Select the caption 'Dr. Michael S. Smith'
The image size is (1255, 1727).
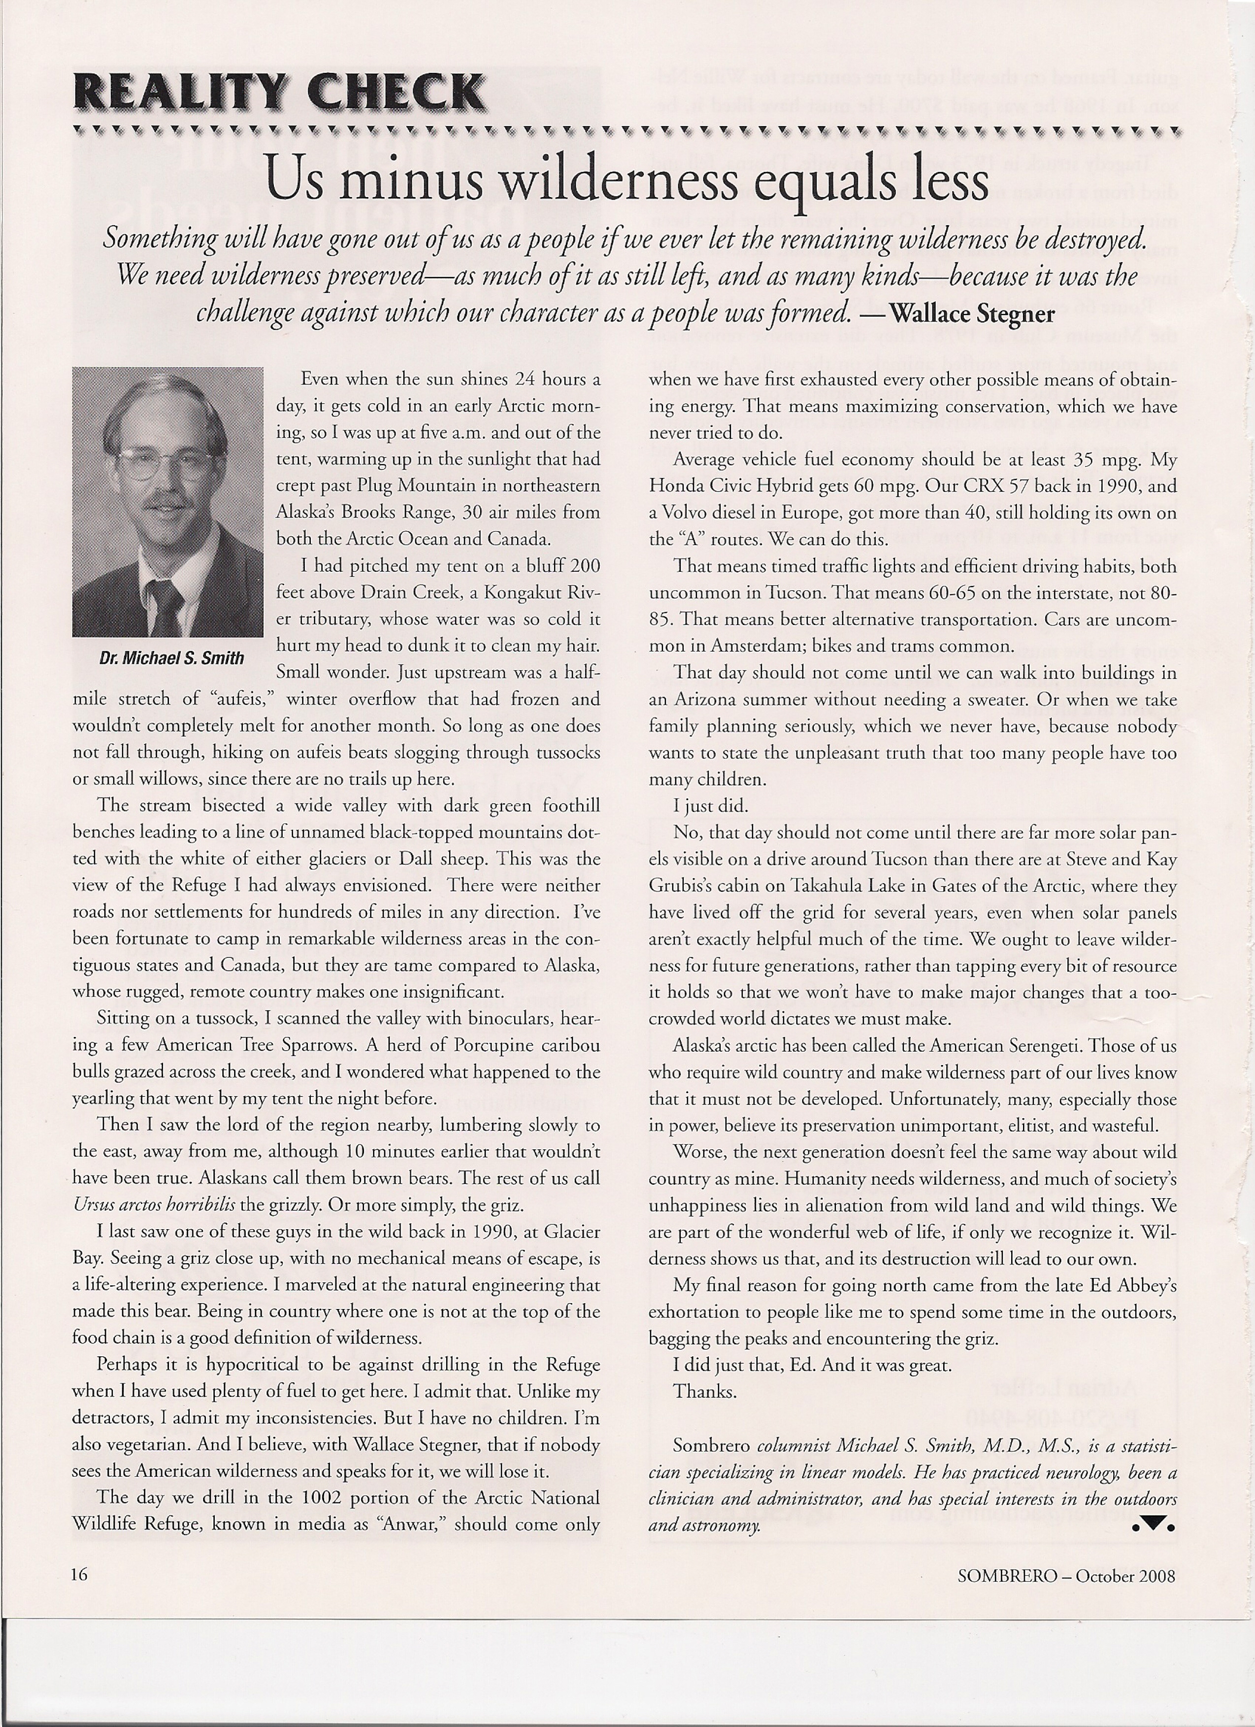[x=172, y=658]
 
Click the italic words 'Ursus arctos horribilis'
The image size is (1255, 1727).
[x=155, y=1205]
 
